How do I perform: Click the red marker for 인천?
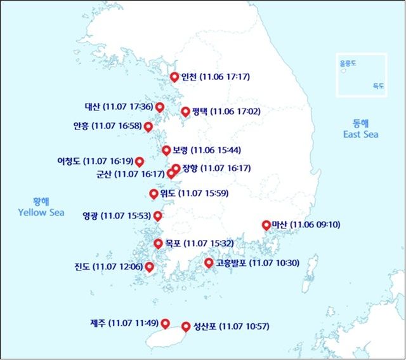point(174,77)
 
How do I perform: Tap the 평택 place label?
point(200,111)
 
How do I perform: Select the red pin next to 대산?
point(159,107)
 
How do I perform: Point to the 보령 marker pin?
point(166,150)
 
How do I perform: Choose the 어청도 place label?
point(69,161)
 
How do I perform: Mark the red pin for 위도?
point(154,194)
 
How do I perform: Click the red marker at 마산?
point(266,225)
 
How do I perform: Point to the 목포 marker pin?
point(158,243)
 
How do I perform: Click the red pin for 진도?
point(150,267)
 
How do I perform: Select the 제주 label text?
point(98,323)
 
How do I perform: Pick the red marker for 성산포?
point(185,326)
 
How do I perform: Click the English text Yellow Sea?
point(41,213)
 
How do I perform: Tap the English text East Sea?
point(360,134)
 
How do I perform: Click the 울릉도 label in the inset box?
point(348,63)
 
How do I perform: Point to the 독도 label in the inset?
point(379,85)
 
